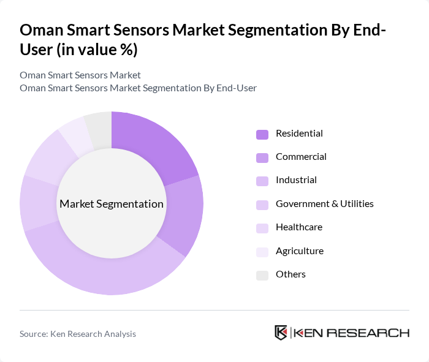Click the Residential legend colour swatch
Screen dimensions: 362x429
[x=262, y=134]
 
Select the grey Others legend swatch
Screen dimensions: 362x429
[x=262, y=275]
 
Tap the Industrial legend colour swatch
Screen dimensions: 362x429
[x=262, y=181]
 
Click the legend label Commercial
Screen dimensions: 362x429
[x=301, y=157]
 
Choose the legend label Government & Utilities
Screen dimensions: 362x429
[x=324, y=204]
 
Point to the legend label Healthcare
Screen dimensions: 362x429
[x=298, y=227]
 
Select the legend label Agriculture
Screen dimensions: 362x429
[x=299, y=251]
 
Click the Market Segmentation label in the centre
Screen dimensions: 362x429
[x=112, y=204]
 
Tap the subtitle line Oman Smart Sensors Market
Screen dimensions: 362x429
[x=80, y=75]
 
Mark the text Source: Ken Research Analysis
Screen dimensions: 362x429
[x=78, y=334]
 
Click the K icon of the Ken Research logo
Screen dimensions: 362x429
[x=281, y=333]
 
